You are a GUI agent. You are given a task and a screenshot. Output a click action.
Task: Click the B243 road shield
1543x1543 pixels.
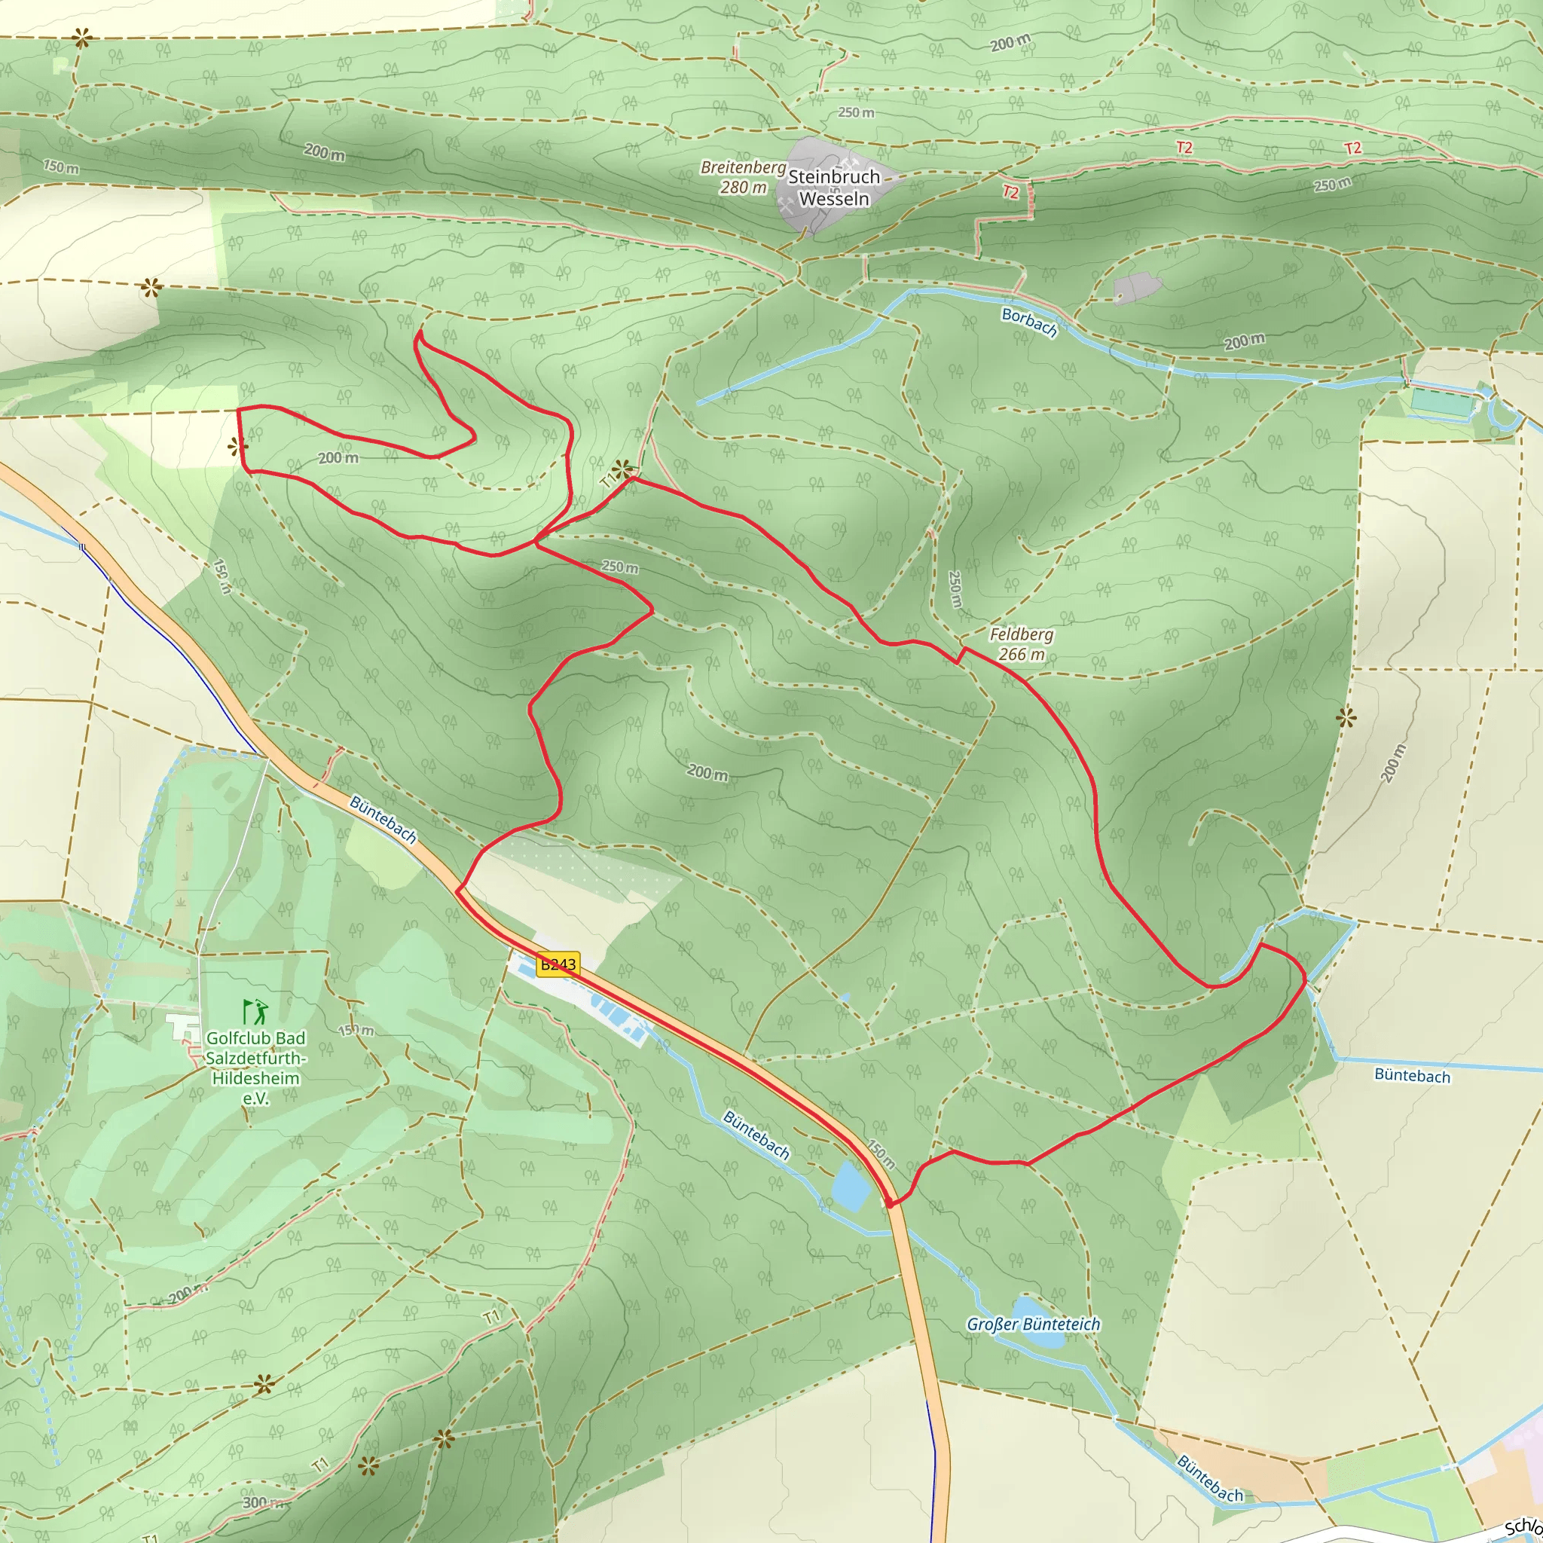point(558,964)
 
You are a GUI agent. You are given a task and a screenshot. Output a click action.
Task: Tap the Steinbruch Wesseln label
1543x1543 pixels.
point(834,188)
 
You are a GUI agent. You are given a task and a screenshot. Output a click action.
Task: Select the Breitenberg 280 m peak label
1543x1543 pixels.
point(743,177)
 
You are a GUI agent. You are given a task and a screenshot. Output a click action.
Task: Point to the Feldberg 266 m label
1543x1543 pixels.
point(1022,644)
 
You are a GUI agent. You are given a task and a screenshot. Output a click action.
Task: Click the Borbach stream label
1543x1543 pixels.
point(1028,322)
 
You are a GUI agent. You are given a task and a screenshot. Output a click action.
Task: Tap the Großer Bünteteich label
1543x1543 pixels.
point(1034,1325)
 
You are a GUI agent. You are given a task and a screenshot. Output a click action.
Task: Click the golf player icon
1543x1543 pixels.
point(256,1013)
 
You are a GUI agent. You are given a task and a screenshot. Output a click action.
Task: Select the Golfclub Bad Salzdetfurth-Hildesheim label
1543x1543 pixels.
point(255,1068)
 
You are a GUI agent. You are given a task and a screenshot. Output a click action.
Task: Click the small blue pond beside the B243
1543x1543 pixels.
point(851,1186)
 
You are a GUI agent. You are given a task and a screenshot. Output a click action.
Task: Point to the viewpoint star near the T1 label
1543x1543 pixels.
point(622,468)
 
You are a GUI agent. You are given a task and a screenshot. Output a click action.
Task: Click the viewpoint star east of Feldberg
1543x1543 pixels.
point(1346,717)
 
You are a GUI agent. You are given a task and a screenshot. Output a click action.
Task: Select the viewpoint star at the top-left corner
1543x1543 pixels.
point(81,37)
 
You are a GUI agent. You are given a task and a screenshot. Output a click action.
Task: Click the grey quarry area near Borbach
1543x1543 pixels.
point(1137,288)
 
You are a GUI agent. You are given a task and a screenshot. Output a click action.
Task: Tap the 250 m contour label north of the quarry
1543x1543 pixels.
point(856,112)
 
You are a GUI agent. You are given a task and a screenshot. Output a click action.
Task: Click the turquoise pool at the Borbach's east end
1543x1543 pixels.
point(1441,402)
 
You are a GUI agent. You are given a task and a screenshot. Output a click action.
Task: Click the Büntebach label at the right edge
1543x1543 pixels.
point(1412,1075)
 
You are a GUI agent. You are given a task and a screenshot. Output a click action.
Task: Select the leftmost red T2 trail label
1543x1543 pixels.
point(1010,192)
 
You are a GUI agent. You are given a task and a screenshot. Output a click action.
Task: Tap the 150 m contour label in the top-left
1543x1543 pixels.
point(62,167)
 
